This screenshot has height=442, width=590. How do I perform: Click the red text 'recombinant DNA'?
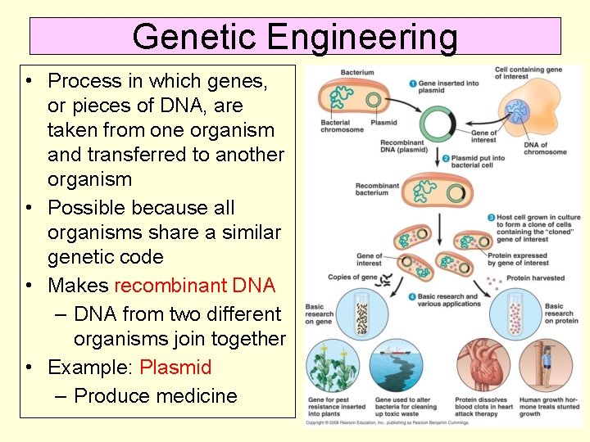coord(195,286)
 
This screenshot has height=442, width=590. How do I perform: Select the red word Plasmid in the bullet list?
coord(175,368)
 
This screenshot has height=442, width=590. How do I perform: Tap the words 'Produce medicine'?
coord(156,396)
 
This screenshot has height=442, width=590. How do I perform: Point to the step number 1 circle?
coord(411,83)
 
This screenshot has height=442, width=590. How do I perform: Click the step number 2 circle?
coord(445,158)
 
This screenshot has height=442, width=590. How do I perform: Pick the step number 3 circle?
coord(490,218)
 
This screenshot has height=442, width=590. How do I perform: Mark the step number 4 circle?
coord(411,297)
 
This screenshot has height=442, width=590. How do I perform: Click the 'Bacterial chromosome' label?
coord(342,126)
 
